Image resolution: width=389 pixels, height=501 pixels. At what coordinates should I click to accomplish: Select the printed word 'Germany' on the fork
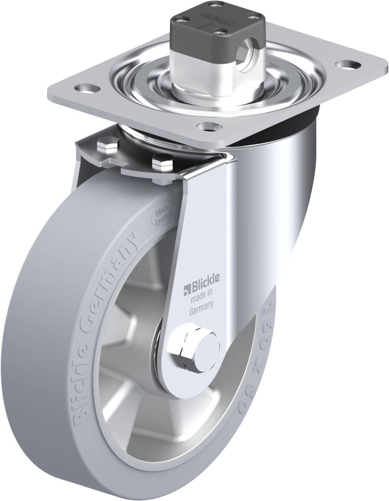[x=201, y=301]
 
